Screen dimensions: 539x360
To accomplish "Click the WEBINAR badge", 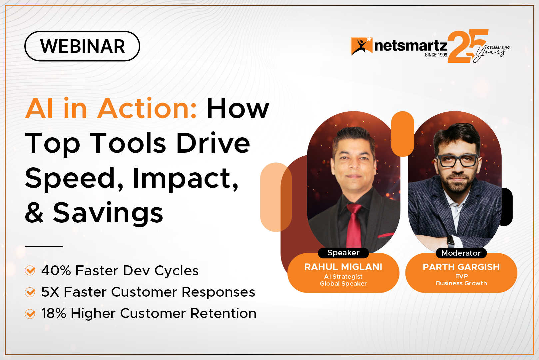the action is [x=82, y=46].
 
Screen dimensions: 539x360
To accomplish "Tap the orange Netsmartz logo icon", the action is [x=362, y=46].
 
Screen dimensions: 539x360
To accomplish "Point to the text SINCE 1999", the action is [x=436, y=55].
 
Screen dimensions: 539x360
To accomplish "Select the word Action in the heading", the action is [x=147, y=108].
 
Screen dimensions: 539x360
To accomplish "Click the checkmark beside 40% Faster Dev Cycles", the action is [x=30, y=270].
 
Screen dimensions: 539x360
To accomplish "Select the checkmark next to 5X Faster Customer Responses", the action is [x=30, y=292].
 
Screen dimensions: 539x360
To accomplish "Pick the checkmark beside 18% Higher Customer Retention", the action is [x=30, y=314].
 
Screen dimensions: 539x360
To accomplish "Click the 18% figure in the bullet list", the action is [x=54, y=313].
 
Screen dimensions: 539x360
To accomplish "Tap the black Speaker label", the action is [x=343, y=253].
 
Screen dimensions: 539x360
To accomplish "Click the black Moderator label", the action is [x=461, y=253].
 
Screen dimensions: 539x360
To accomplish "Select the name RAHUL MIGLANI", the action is [x=343, y=267].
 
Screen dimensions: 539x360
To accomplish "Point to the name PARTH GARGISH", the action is [x=461, y=267].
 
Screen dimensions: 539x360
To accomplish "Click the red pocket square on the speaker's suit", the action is [x=386, y=235].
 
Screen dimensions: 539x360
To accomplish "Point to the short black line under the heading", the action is [x=44, y=246].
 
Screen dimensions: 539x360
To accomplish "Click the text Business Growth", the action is [x=461, y=283].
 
